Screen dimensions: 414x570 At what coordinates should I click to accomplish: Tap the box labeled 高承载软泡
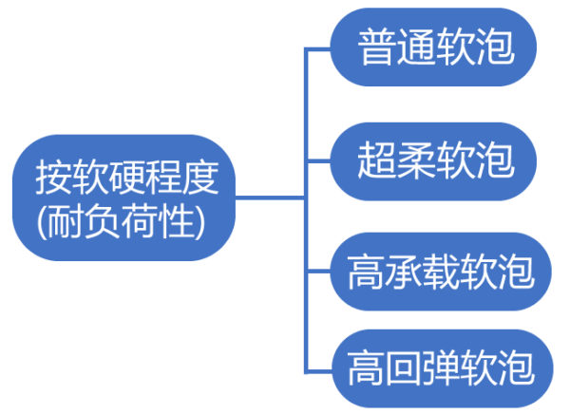(x=436, y=273)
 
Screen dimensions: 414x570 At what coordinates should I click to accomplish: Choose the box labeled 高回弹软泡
(x=436, y=367)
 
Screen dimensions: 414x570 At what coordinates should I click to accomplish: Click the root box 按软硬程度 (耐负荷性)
(x=121, y=198)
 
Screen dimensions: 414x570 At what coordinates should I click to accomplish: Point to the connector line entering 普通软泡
(x=318, y=47)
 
